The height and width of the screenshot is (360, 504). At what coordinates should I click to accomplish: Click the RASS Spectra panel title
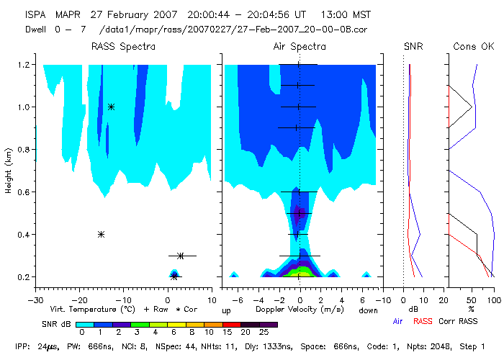click(x=122, y=47)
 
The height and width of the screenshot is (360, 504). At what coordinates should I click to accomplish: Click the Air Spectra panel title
click(x=300, y=47)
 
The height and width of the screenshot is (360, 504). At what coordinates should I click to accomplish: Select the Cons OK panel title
click(x=474, y=47)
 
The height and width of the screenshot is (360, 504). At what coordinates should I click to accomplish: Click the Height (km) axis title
click(x=9, y=171)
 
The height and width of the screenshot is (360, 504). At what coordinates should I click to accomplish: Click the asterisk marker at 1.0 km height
click(x=111, y=107)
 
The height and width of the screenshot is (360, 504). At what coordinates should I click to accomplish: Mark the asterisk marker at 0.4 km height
click(x=101, y=234)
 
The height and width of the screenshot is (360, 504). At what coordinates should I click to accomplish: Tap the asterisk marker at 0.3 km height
click(x=181, y=256)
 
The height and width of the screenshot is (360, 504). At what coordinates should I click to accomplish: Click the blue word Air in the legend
click(x=398, y=321)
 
